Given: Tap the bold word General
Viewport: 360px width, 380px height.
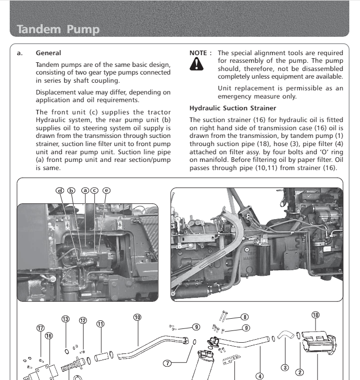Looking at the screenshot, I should pyautogui.click(x=49, y=53).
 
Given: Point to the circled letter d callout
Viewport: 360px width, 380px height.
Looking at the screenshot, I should pyautogui.click(x=60, y=191).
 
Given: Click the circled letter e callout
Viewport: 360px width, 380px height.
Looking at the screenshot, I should pyautogui.click(x=106, y=191).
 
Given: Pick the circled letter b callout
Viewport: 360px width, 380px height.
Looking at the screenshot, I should pyautogui.click(x=71, y=191).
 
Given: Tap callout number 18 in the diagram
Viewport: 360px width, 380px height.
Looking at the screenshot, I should pyautogui.click(x=316, y=315).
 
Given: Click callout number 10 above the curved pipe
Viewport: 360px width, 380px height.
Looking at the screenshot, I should pyautogui.click(x=137, y=317).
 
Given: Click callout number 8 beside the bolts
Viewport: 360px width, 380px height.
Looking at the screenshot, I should pyautogui.click(x=245, y=317).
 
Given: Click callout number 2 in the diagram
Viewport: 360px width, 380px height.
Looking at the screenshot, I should pyautogui.click(x=301, y=372).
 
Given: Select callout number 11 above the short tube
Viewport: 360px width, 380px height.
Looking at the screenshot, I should pyautogui.click(x=100, y=324).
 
